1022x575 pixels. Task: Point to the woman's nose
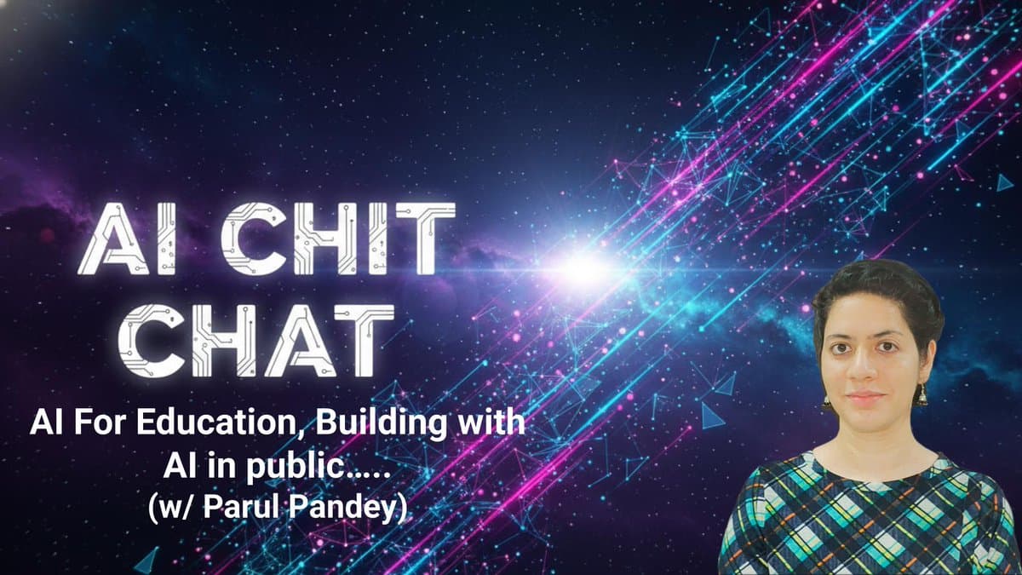click(x=868, y=371)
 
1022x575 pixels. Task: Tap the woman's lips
click(x=867, y=397)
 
